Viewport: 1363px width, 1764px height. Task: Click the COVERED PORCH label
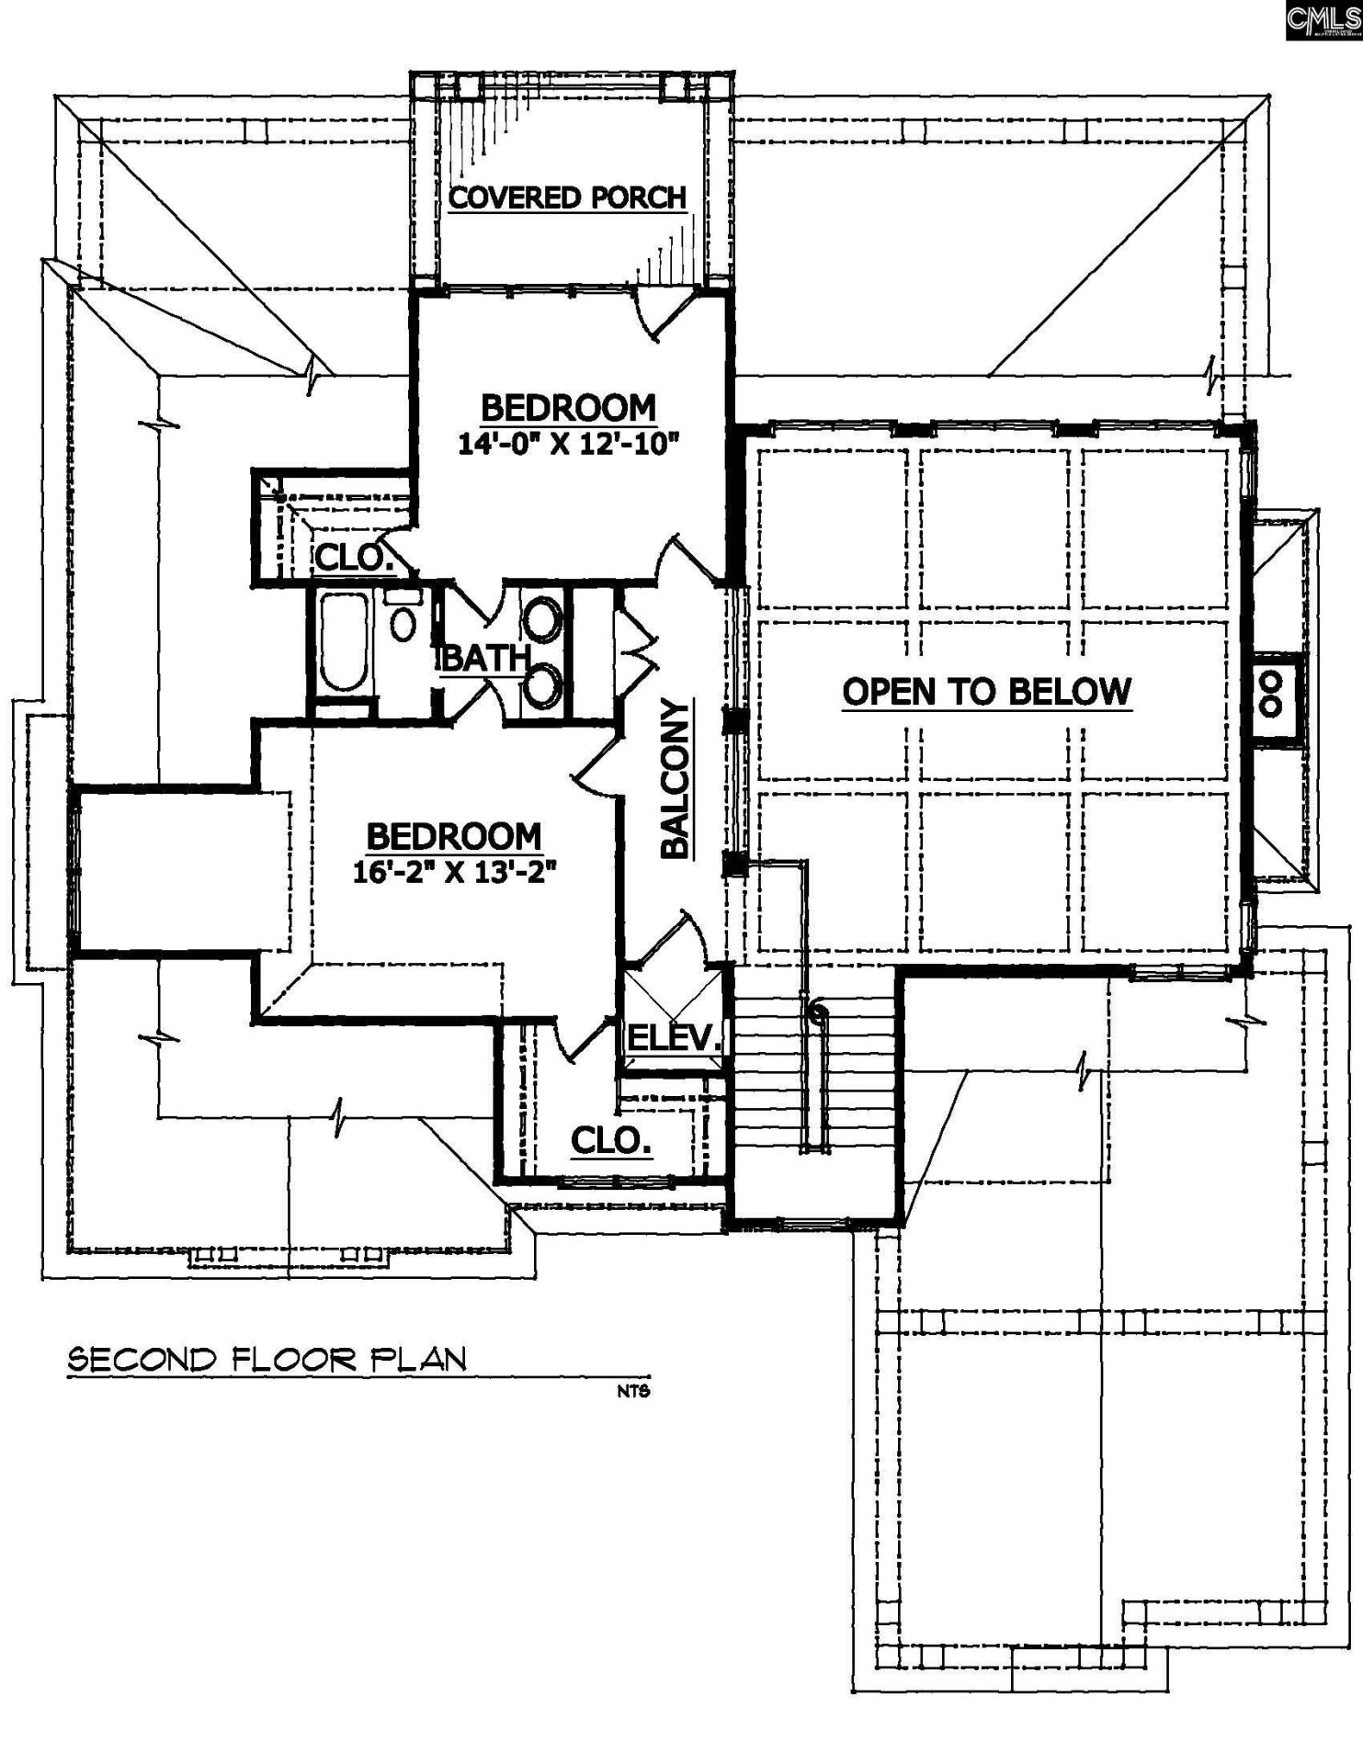(x=567, y=198)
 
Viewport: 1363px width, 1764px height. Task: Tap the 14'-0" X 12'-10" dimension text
(x=568, y=445)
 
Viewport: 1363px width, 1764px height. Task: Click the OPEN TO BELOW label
(x=986, y=692)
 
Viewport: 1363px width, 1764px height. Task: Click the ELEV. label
(x=673, y=1038)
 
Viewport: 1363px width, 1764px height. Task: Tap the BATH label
(x=485, y=658)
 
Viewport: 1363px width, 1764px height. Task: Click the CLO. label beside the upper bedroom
(x=353, y=557)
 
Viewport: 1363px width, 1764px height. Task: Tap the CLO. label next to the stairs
(x=611, y=1141)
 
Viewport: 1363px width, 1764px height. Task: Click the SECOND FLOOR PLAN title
(x=267, y=1360)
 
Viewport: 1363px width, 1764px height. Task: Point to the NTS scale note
(x=633, y=1391)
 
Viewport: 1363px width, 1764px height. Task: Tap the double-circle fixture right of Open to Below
(x=1272, y=694)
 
